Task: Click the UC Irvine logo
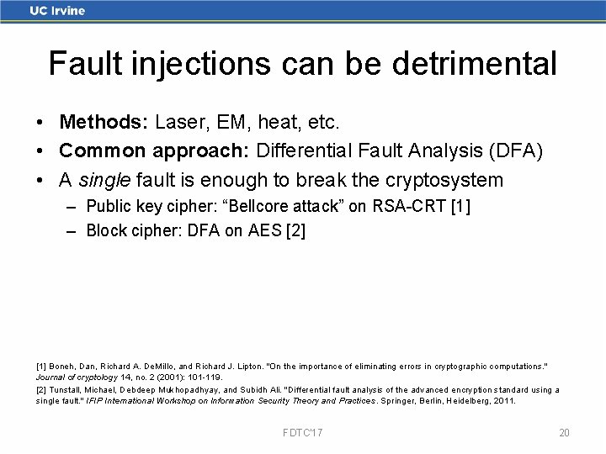57,11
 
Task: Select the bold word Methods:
104,123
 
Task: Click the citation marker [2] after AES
295,230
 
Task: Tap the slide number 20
564,433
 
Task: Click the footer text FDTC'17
303,433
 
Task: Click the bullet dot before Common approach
41,151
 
